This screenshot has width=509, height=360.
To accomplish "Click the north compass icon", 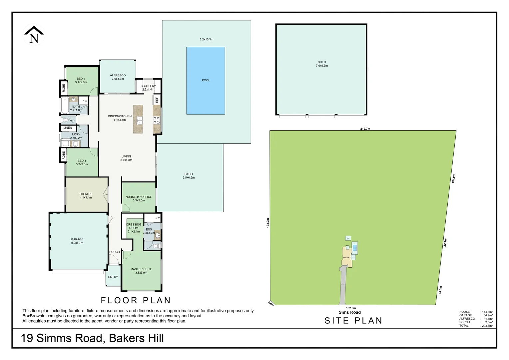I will [x=34, y=35].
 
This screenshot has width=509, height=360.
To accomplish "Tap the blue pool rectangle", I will [x=206, y=80].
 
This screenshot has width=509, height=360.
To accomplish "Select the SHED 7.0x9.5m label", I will [x=322, y=64].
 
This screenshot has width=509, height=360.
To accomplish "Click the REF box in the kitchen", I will [x=157, y=100].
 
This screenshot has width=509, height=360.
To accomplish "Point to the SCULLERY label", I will [x=148, y=86].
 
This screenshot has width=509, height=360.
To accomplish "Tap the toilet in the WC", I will [x=65, y=120].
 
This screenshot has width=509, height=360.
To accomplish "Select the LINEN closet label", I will [x=68, y=128].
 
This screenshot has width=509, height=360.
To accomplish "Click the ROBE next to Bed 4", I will [x=63, y=88].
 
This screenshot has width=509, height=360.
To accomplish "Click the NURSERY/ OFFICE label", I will [x=139, y=197].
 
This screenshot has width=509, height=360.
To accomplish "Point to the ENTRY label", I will [x=113, y=277].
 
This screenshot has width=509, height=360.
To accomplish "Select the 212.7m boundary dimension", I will [x=365, y=129].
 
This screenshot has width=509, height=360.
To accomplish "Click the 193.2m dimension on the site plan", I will [x=267, y=223].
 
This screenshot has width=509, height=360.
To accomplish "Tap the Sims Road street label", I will [x=349, y=312].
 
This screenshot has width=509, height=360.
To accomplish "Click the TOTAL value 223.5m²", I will [x=487, y=326].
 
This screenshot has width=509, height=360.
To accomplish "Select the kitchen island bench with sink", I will [x=138, y=119].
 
